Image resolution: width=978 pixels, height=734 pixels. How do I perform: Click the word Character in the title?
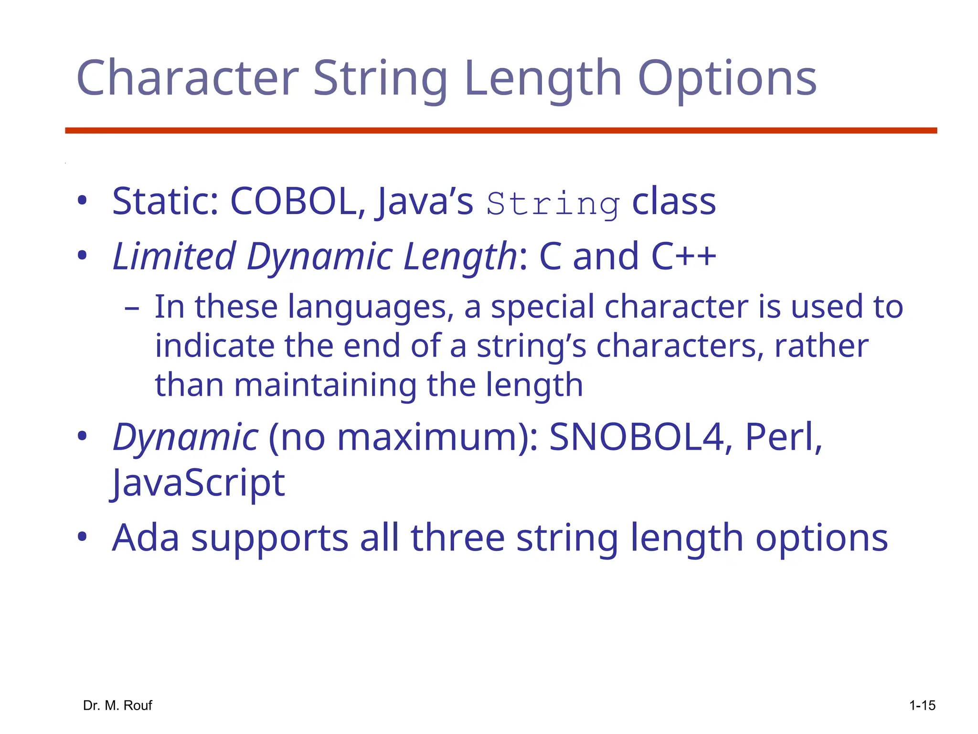[x=187, y=78]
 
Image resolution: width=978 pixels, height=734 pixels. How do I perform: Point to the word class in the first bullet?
[x=674, y=201]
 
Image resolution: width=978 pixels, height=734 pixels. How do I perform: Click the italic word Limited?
[x=174, y=256]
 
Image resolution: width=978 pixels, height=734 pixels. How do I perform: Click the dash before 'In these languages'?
[x=131, y=308]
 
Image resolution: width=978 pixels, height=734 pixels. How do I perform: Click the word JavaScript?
[x=198, y=483]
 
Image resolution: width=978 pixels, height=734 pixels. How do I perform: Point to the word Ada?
[x=146, y=538]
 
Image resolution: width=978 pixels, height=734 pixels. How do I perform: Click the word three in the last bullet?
[x=457, y=538]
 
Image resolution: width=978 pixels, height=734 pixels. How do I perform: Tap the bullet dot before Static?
[x=82, y=201]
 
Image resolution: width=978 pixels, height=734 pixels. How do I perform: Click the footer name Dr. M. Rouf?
[x=117, y=705]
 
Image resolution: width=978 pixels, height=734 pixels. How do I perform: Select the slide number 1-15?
[x=922, y=705]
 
